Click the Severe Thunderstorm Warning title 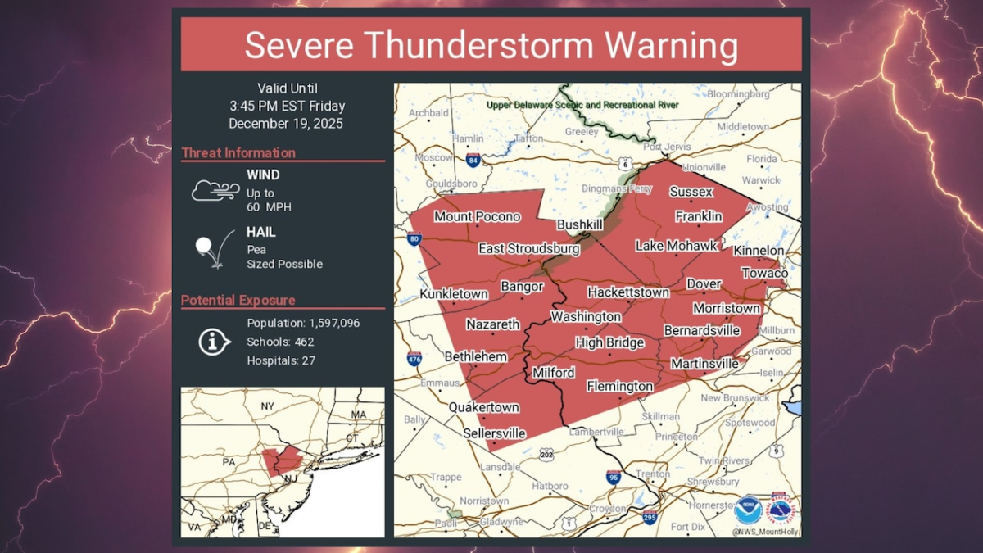491,45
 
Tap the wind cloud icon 215,191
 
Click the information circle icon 215,342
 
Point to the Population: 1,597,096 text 303,323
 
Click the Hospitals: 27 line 281,360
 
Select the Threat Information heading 238,153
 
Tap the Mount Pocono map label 477,216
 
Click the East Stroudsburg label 529,248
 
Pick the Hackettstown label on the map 628,292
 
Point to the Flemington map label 620,386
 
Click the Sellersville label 494,433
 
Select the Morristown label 727,308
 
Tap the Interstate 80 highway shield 414,240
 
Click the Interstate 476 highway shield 415,358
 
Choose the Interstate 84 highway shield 473,159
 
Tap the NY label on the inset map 267,406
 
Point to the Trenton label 653,474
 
